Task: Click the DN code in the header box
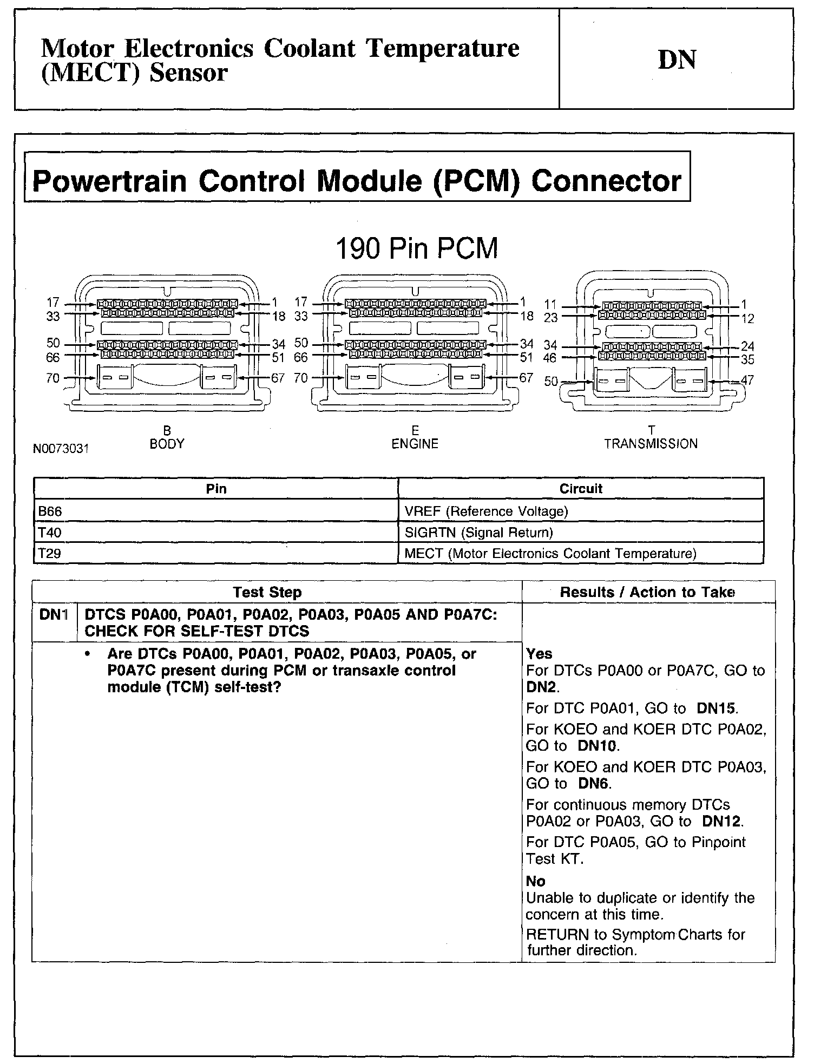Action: click(x=677, y=60)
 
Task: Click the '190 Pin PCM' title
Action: click(x=416, y=249)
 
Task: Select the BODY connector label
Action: click(x=167, y=444)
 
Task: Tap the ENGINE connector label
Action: click(x=415, y=444)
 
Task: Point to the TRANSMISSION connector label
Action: click(x=651, y=444)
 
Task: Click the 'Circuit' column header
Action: click(x=581, y=489)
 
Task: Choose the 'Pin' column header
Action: click(x=216, y=489)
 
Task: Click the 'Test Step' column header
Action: click(x=267, y=592)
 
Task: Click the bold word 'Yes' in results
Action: click(x=539, y=654)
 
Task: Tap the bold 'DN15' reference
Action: click(x=717, y=708)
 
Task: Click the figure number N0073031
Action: click(x=61, y=449)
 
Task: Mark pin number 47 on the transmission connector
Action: click(x=747, y=380)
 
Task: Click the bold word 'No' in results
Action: click(x=535, y=881)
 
